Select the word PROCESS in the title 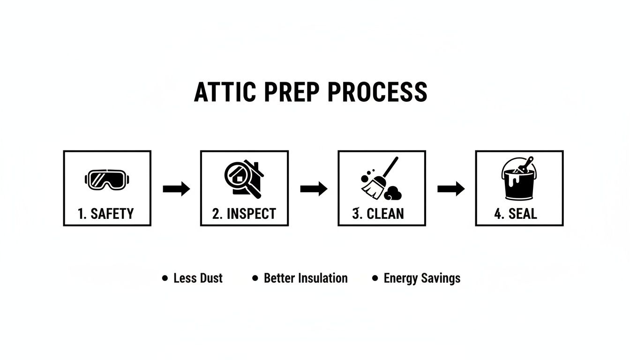[377, 92]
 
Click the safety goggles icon [107, 180]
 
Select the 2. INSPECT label [244, 214]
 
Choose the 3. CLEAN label [378, 214]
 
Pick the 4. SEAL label [516, 214]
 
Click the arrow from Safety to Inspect [176, 189]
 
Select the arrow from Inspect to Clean [314, 189]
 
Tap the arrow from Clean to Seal [451, 189]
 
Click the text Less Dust [198, 278]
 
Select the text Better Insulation [306, 278]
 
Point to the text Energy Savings [422, 278]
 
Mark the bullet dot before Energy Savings [375, 278]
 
